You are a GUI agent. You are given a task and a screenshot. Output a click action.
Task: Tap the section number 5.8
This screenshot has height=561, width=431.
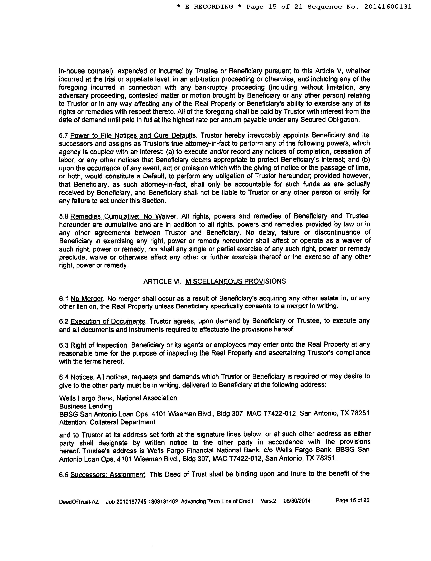coord(64,216)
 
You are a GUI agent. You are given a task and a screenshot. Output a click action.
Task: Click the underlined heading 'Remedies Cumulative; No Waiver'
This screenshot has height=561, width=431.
coord(123,216)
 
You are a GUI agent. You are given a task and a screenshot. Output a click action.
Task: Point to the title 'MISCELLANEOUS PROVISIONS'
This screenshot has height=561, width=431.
coord(235,281)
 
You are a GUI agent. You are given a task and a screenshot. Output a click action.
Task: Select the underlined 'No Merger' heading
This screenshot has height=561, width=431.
coord(87,299)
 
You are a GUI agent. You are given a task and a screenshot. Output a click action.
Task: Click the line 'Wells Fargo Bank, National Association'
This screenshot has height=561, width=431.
coord(118,398)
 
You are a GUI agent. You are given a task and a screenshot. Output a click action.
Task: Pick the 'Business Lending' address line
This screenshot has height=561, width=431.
coord(86,406)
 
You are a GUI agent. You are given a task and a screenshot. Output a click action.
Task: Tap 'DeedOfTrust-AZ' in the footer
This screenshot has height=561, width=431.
coord(79,502)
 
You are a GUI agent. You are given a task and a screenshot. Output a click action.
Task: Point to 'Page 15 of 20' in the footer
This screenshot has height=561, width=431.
coord(352,501)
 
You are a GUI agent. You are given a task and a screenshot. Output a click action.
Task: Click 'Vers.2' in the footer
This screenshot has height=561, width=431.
coord(268,501)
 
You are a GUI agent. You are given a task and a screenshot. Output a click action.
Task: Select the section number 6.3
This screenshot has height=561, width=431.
coord(64,345)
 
